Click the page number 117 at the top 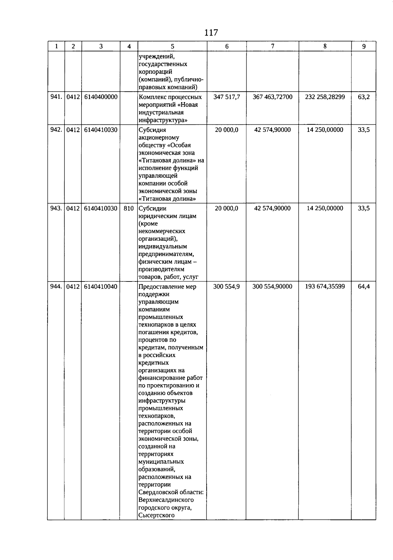click(x=211, y=33)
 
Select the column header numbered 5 click(x=173, y=46)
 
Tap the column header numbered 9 click(x=364, y=46)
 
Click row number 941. click(x=56, y=97)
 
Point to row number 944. click(x=56, y=287)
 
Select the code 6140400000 click(x=101, y=97)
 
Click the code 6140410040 click(x=101, y=287)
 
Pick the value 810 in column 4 click(x=129, y=208)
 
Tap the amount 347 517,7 click(x=227, y=97)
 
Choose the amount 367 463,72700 click(x=272, y=97)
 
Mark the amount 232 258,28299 click(x=325, y=97)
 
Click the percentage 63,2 click(x=364, y=97)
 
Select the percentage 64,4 click(x=364, y=287)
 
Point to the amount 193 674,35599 click(x=325, y=287)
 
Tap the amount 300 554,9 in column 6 click(x=227, y=287)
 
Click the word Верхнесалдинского click(x=166, y=500)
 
